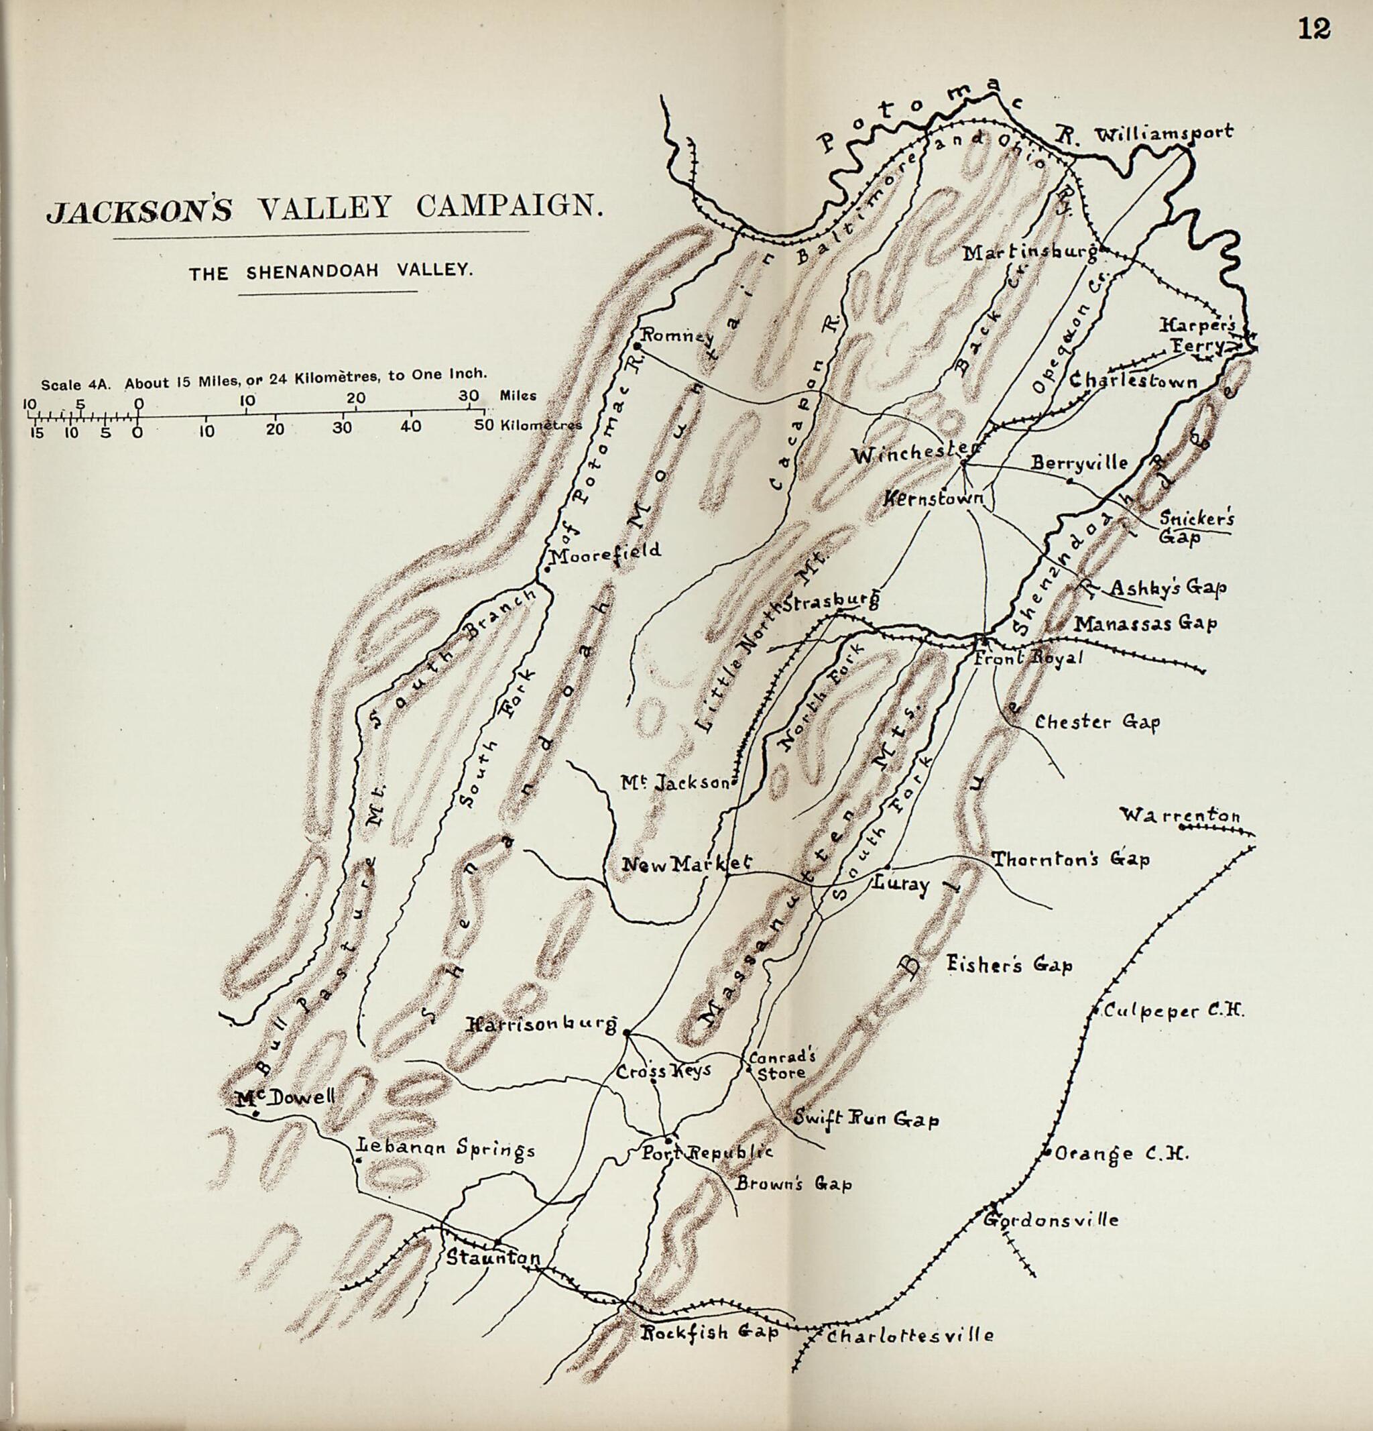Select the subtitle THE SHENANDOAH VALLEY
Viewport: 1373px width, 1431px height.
pos(331,272)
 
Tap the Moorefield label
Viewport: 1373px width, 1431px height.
pos(605,552)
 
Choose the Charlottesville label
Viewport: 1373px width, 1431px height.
pos(909,1336)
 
